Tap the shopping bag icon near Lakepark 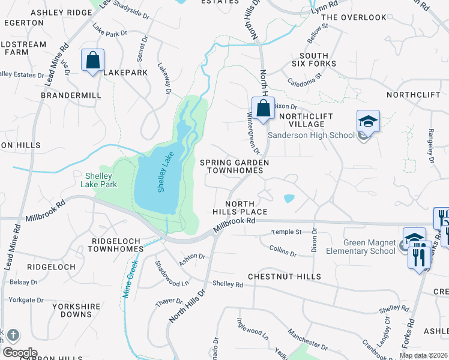93,61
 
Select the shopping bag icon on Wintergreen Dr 263,109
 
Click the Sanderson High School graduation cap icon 368,122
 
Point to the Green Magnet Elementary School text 369,247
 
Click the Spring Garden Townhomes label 234,166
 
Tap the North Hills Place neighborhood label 240,208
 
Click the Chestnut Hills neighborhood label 285,277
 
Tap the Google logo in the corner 20,353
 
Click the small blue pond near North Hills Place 289,198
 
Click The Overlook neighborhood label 354,17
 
